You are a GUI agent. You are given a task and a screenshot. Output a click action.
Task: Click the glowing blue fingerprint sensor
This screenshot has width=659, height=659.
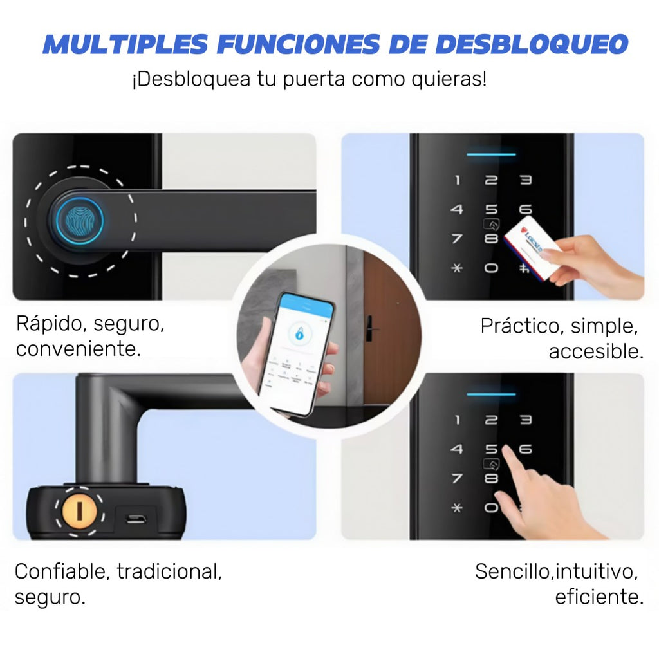coord(77,221)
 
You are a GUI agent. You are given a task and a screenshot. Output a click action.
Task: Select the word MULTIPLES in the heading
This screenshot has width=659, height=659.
coord(125,44)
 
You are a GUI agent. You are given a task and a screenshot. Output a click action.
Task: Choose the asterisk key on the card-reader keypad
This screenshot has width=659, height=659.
coord(457,268)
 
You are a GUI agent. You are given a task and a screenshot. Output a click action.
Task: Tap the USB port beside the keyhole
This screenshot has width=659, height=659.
coord(135,518)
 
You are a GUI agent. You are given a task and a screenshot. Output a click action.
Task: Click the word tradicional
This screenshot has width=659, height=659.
coord(169,571)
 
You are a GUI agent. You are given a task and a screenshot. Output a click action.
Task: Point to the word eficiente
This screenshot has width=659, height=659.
coord(599,597)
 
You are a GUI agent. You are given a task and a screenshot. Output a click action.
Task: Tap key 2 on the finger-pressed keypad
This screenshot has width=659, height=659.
coord(491,420)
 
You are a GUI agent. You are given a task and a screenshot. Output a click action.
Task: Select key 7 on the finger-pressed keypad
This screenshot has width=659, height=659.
coord(457,479)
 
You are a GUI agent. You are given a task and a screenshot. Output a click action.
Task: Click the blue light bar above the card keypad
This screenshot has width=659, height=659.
coord(491,154)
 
